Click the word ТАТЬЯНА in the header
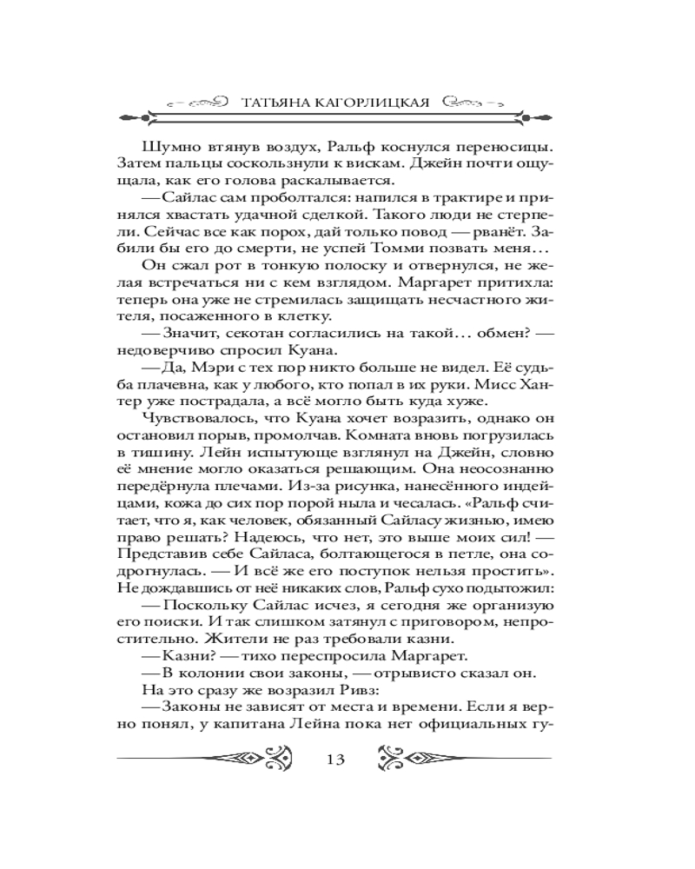[274, 101]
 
